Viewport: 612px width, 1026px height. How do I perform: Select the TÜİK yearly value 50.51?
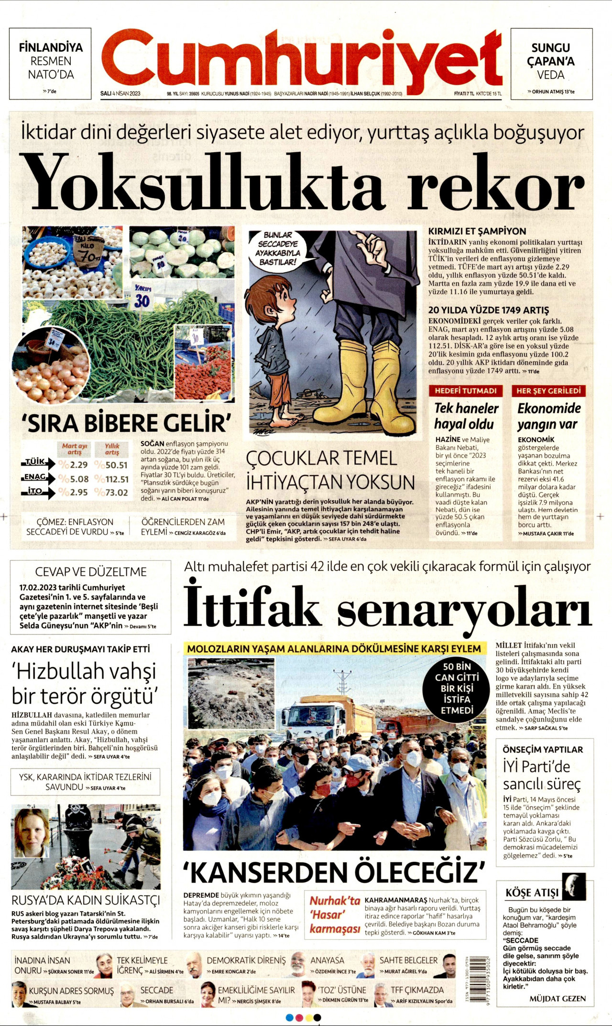tap(116, 465)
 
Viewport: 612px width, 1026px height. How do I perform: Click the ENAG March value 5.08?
tap(78, 479)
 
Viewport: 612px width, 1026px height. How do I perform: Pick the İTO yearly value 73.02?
tap(116, 492)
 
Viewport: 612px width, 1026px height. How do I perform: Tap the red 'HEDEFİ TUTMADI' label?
tap(465, 390)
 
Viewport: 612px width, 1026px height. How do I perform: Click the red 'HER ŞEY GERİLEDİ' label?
tap(548, 390)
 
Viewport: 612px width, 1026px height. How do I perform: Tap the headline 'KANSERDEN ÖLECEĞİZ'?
tap(334, 872)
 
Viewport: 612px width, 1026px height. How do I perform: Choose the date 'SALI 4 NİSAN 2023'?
tap(120, 93)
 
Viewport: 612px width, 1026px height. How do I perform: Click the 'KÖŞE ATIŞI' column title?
tap(532, 893)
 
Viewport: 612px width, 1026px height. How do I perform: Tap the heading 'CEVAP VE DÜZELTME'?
tap(91, 572)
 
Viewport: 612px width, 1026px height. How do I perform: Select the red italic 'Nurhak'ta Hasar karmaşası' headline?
tap(334, 914)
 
